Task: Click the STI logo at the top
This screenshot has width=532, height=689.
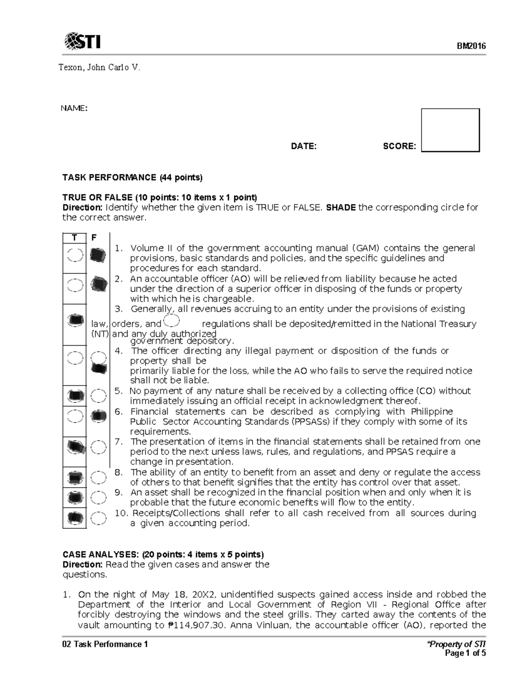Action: [x=82, y=42]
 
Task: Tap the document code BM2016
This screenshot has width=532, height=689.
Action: [x=472, y=46]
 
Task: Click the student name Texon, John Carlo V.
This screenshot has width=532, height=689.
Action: [x=100, y=67]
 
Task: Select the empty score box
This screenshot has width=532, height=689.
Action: [x=450, y=130]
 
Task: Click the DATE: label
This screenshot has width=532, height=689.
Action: [x=304, y=146]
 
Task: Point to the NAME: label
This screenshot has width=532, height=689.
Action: [x=74, y=109]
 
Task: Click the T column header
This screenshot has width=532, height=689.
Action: [x=74, y=238]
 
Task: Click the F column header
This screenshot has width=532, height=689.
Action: [x=94, y=238]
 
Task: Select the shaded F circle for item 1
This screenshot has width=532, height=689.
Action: [x=98, y=255]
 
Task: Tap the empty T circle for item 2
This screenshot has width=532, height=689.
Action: [x=75, y=284]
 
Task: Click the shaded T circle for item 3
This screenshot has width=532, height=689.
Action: [x=75, y=319]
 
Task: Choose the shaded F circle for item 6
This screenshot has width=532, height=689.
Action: [x=98, y=416]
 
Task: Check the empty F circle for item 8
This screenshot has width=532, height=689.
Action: [x=98, y=477]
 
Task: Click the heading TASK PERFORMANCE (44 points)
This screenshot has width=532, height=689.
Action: [x=132, y=177]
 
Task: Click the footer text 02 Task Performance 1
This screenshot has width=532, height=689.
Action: [x=105, y=644]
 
